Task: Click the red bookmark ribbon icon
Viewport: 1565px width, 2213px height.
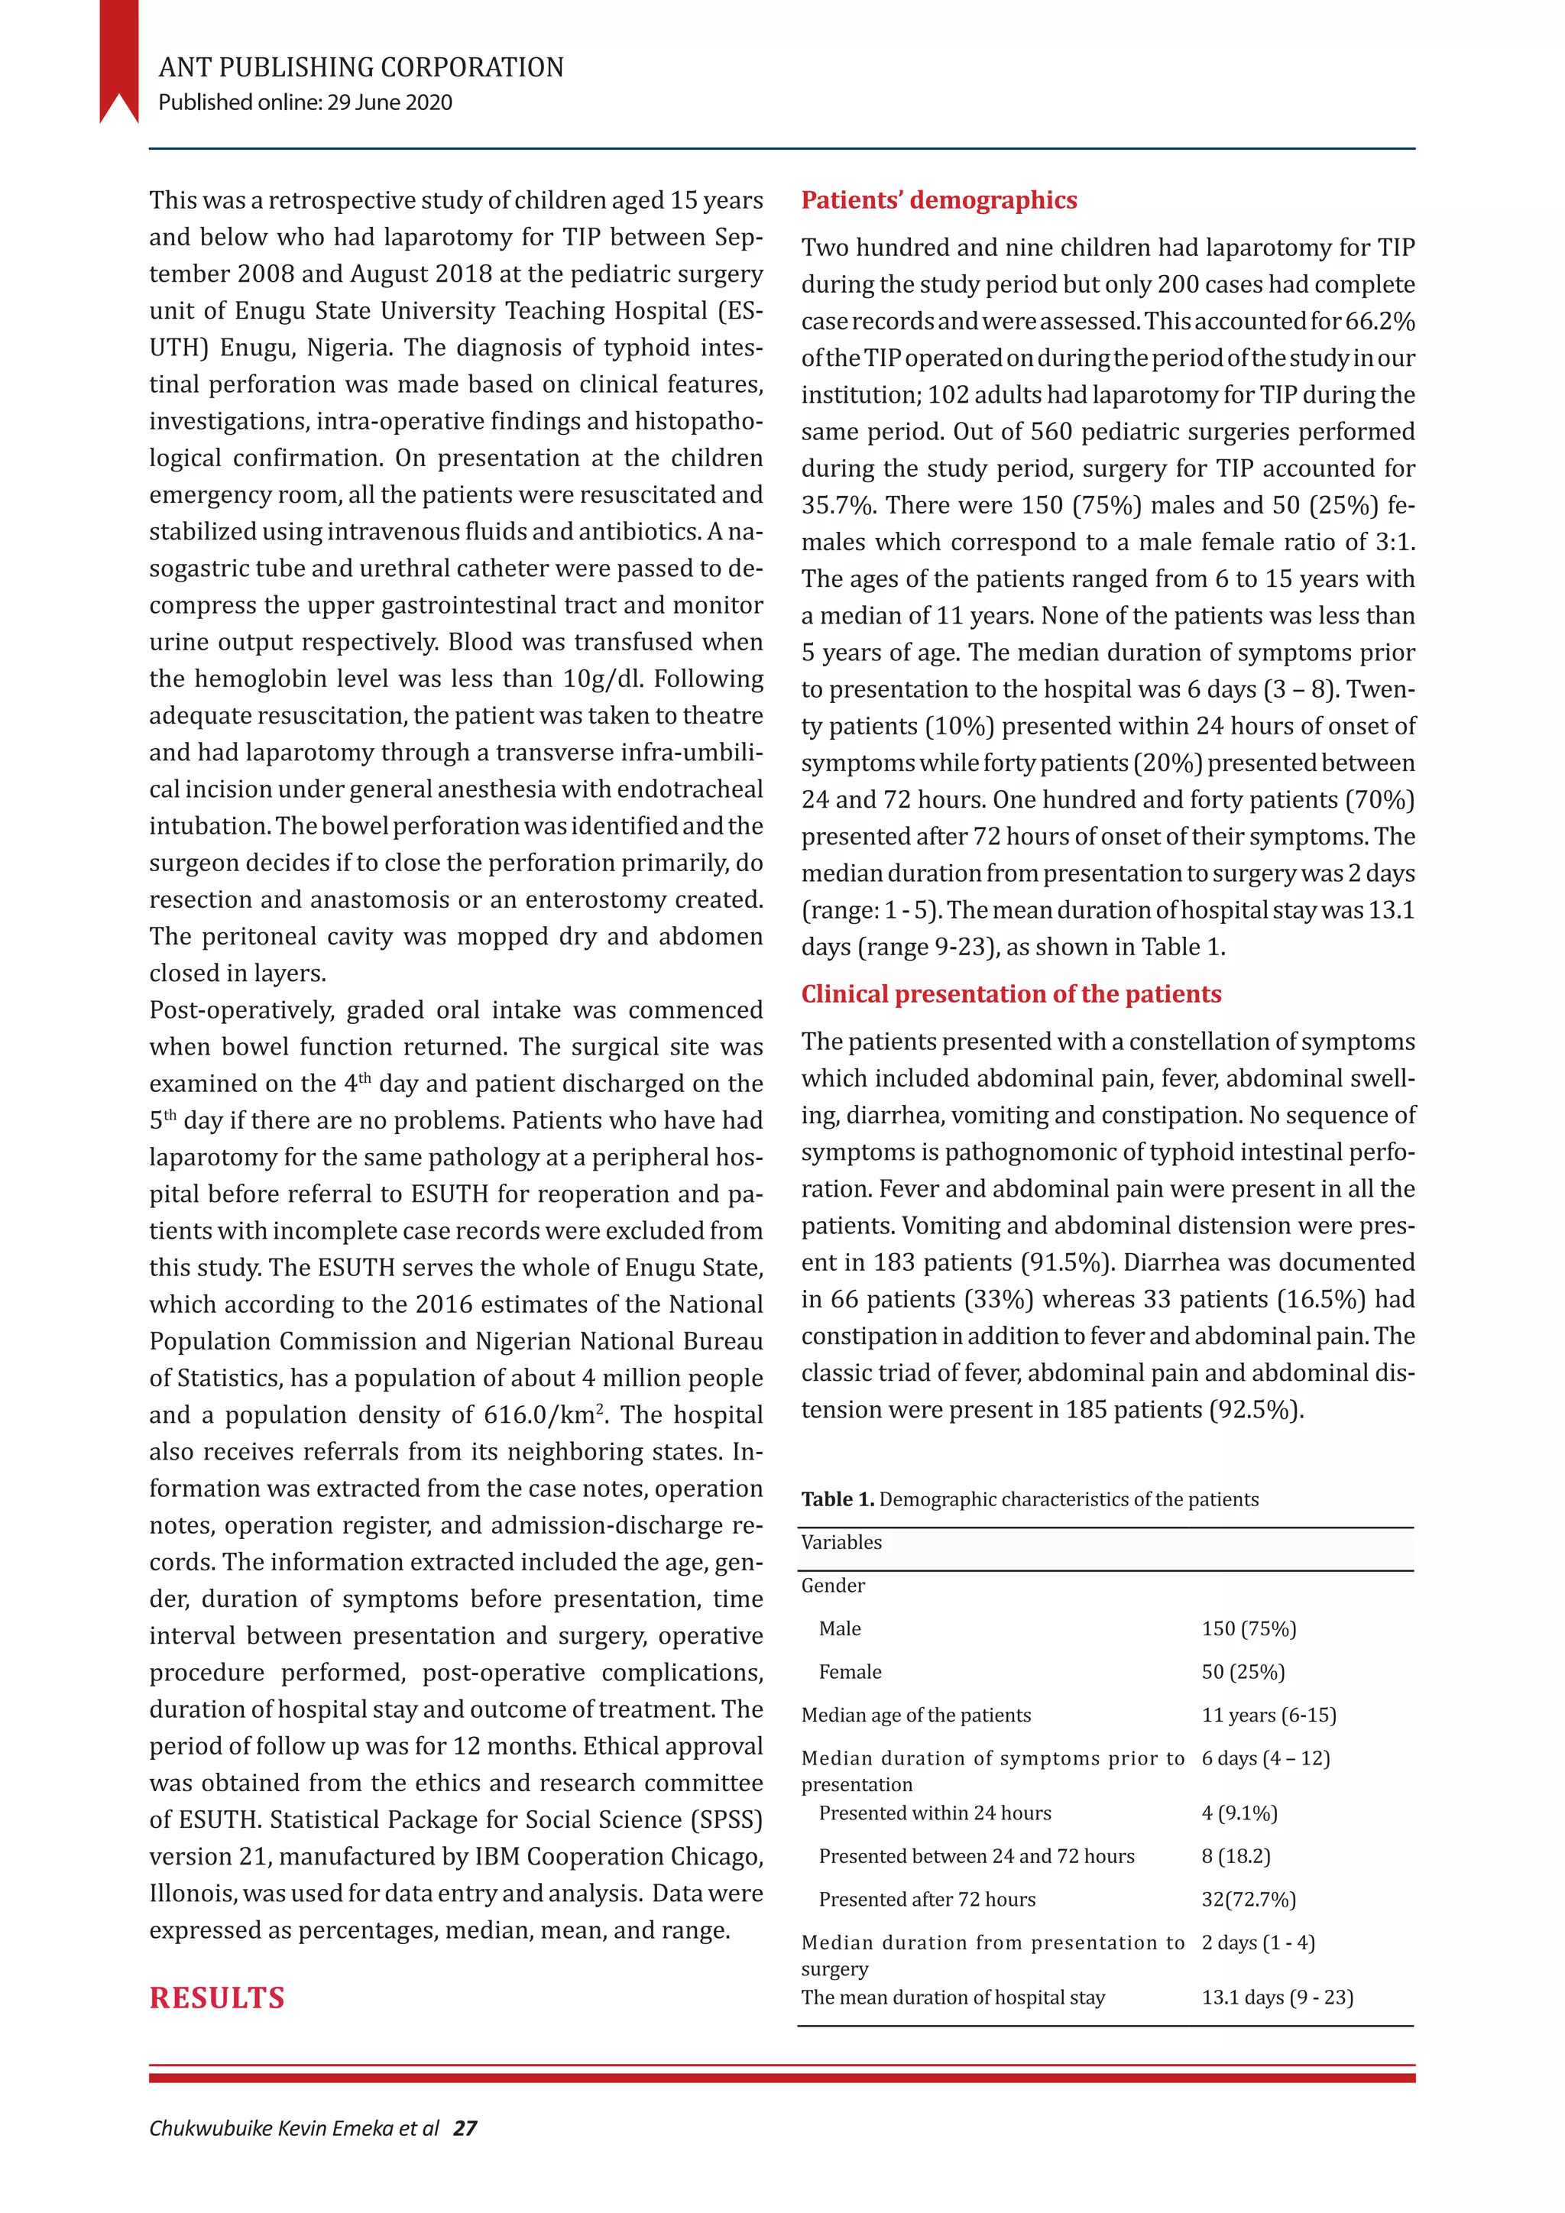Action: click(118, 60)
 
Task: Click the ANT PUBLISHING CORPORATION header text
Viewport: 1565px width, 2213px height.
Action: click(361, 67)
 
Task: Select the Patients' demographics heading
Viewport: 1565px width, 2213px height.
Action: click(938, 200)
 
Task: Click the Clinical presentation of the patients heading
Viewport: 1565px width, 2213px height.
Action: click(1011, 993)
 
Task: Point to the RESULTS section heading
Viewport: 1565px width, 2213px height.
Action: click(217, 1998)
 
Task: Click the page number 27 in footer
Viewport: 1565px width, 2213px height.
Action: click(465, 2128)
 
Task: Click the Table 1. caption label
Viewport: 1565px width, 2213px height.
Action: click(838, 1499)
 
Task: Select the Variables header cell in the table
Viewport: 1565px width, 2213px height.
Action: click(841, 1542)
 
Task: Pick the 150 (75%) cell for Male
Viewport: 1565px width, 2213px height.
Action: click(1248, 1629)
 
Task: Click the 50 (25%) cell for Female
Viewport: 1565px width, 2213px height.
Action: click(1243, 1672)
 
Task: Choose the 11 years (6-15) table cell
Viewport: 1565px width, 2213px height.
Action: click(1269, 1716)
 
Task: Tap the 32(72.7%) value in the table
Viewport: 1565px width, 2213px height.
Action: click(1248, 1900)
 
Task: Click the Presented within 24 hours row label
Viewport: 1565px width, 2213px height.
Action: click(935, 1813)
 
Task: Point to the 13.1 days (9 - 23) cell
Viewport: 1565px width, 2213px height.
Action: click(1277, 1998)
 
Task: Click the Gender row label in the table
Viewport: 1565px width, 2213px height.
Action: click(833, 1586)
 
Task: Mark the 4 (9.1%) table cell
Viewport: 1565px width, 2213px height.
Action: click(1239, 1813)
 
